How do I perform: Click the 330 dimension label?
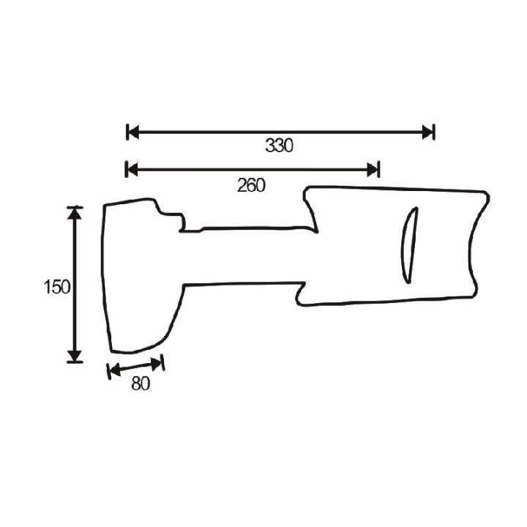(x=279, y=146)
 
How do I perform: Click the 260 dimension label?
(x=251, y=185)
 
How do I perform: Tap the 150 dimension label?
(x=57, y=287)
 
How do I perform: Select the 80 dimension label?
(x=141, y=383)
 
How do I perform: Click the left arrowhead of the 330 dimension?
(x=133, y=132)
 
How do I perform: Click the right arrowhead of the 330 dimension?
(x=427, y=132)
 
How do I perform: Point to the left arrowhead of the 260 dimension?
(x=132, y=170)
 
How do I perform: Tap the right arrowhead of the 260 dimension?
(x=373, y=170)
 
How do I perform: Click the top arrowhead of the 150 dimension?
(x=75, y=214)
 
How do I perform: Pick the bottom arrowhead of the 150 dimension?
(x=75, y=355)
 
